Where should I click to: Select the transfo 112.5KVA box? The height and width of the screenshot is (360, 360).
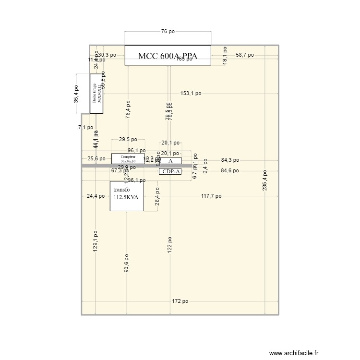click(127, 196)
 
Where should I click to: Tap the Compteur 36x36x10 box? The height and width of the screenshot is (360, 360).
click(128, 158)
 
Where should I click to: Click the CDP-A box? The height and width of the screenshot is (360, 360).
click(170, 171)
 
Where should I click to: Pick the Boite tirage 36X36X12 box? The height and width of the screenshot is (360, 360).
click(96, 94)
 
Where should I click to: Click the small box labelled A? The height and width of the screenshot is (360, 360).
click(170, 161)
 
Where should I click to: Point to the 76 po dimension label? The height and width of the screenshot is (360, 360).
click(168, 32)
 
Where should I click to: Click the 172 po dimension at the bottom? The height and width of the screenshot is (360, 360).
click(180, 301)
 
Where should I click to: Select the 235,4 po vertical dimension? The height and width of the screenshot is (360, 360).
click(265, 181)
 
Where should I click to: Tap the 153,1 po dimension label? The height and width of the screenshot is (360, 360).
click(191, 94)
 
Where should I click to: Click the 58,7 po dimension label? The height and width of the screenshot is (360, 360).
click(245, 55)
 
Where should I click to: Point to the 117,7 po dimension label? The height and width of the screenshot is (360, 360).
click(211, 196)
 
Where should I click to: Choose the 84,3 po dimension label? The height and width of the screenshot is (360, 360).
click(230, 160)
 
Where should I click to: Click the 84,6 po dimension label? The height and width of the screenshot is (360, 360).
click(230, 170)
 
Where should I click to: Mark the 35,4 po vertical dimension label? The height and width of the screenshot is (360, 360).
click(76, 94)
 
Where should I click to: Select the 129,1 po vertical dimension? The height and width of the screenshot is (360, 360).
click(96, 241)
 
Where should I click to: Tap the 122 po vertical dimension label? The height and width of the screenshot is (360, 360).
click(169, 245)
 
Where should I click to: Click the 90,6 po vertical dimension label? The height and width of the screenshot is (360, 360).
click(127, 263)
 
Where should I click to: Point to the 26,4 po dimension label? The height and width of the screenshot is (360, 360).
click(157, 196)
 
